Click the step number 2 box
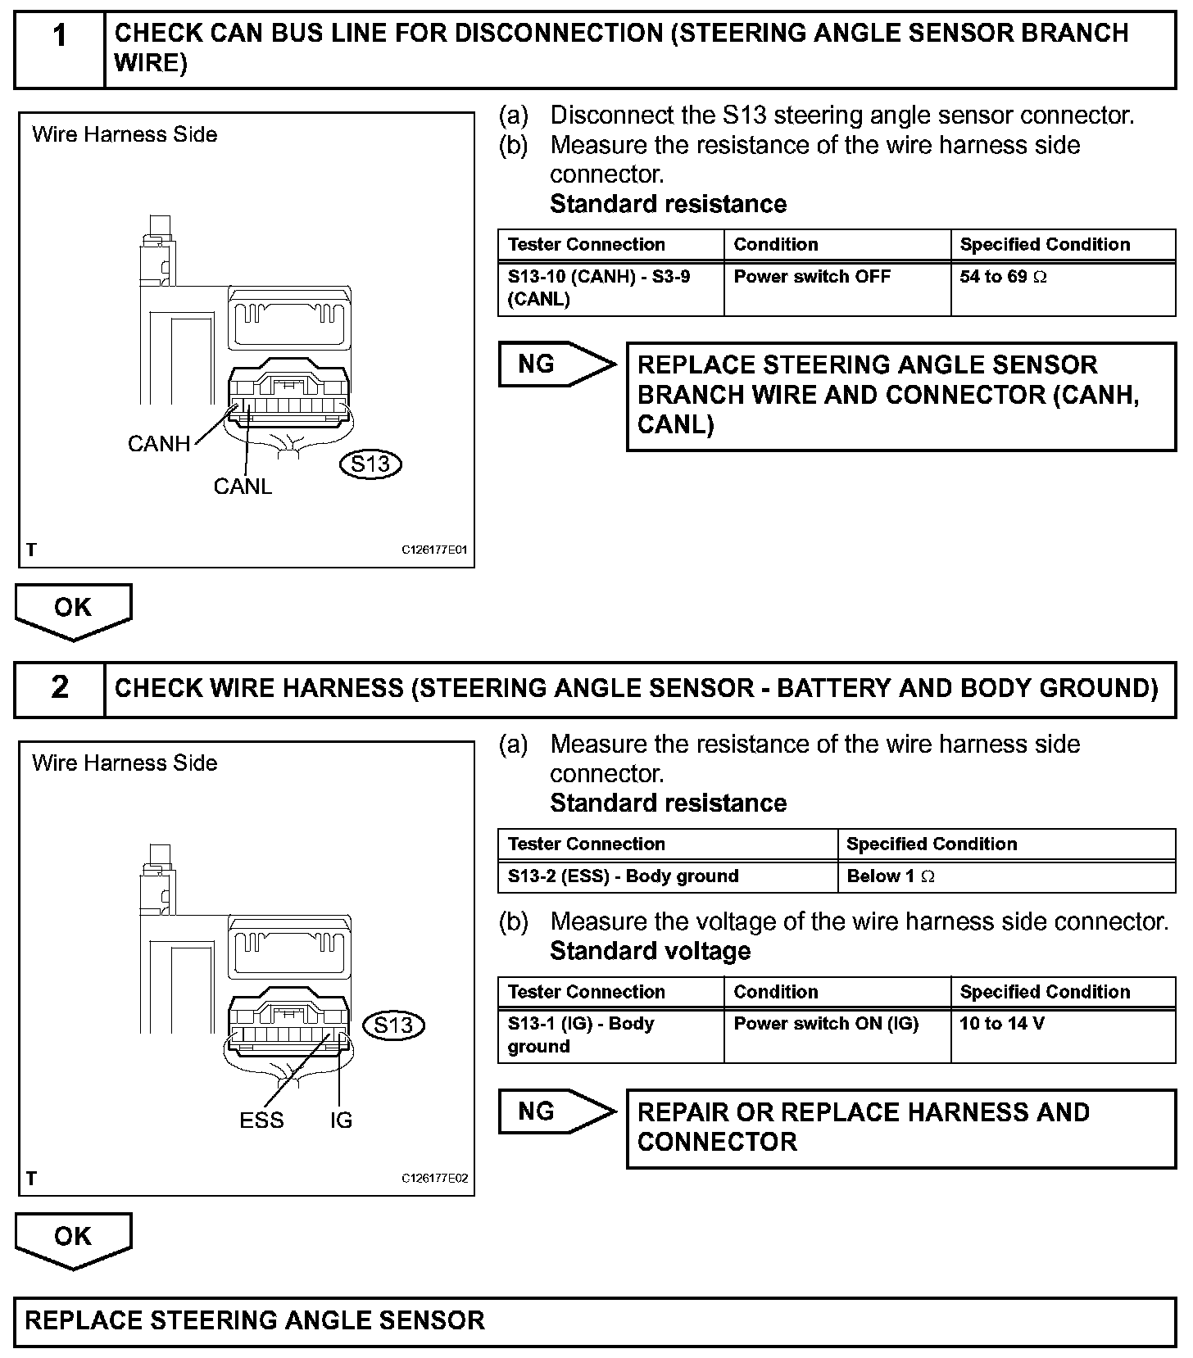tap(60, 688)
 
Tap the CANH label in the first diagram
tap(159, 444)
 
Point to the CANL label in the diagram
tap(243, 487)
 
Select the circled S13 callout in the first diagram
tap(370, 464)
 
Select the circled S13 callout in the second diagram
tap(393, 1025)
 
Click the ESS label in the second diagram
tap(261, 1120)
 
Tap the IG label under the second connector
tap(341, 1120)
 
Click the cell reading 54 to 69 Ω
tap(1063, 288)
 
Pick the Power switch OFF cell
tap(837, 288)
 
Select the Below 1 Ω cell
tap(1006, 876)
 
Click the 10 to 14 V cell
tap(1063, 1035)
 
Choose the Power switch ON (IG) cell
tap(837, 1035)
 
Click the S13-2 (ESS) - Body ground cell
tap(668, 876)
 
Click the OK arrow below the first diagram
tap(73, 610)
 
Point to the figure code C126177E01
tap(434, 550)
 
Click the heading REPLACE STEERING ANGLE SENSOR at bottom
tap(255, 1320)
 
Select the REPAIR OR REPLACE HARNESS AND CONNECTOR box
tap(900, 1127)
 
